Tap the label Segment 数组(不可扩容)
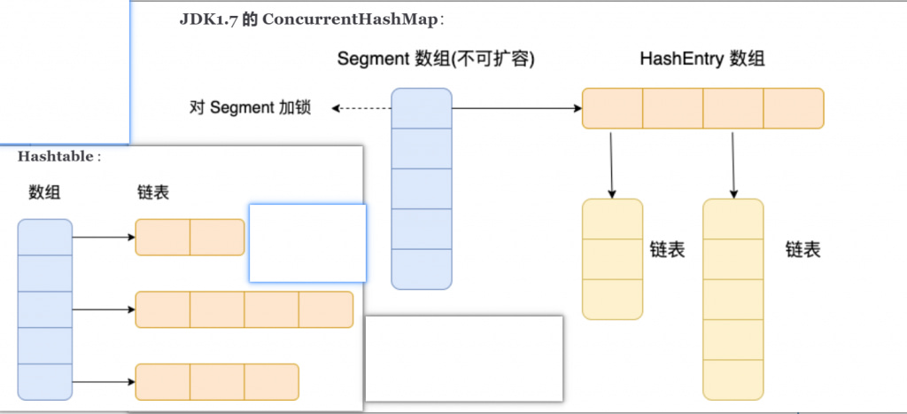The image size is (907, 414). [436, 59]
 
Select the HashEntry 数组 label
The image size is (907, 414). [702, 59]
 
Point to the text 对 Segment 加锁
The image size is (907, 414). [251, 108]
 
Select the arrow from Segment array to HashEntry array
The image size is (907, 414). [516, 108]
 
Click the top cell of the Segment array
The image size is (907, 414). [422, 108]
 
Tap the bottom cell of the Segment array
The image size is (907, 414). [422, 269]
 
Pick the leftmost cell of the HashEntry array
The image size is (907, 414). [612, 108]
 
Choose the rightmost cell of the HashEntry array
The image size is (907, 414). [793, 108]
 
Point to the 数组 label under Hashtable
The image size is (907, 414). [44, 192]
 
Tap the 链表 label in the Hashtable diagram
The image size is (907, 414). [153, 192]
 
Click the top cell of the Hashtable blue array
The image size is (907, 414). [44, 237]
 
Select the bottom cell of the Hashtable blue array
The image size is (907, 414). [44, 382]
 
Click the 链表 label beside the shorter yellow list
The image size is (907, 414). [667, 250]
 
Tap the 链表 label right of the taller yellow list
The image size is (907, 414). [802, 250]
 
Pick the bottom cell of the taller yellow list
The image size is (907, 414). [733, 379]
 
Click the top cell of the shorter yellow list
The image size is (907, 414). [612, 219]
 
